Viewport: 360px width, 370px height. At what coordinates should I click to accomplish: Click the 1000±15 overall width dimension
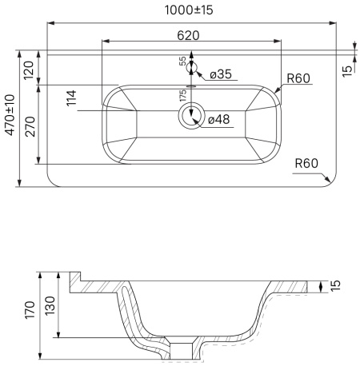click(189, 10)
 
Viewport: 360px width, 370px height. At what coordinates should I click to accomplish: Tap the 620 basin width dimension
click(188, 35)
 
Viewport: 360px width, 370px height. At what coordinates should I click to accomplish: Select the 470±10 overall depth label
click(10, 115)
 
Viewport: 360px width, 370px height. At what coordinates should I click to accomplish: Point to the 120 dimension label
click(29, 70)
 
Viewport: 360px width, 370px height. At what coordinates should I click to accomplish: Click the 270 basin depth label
click(30, 126)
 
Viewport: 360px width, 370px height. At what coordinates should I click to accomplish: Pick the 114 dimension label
click(71, 98)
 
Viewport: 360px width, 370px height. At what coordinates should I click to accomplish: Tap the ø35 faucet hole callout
click(221, 74)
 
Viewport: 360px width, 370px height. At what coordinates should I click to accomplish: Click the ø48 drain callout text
click(218, 119)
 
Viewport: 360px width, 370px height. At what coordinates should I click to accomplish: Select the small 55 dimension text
click(182, 61)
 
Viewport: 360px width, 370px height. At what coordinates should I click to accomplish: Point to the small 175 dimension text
click(183, 96)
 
